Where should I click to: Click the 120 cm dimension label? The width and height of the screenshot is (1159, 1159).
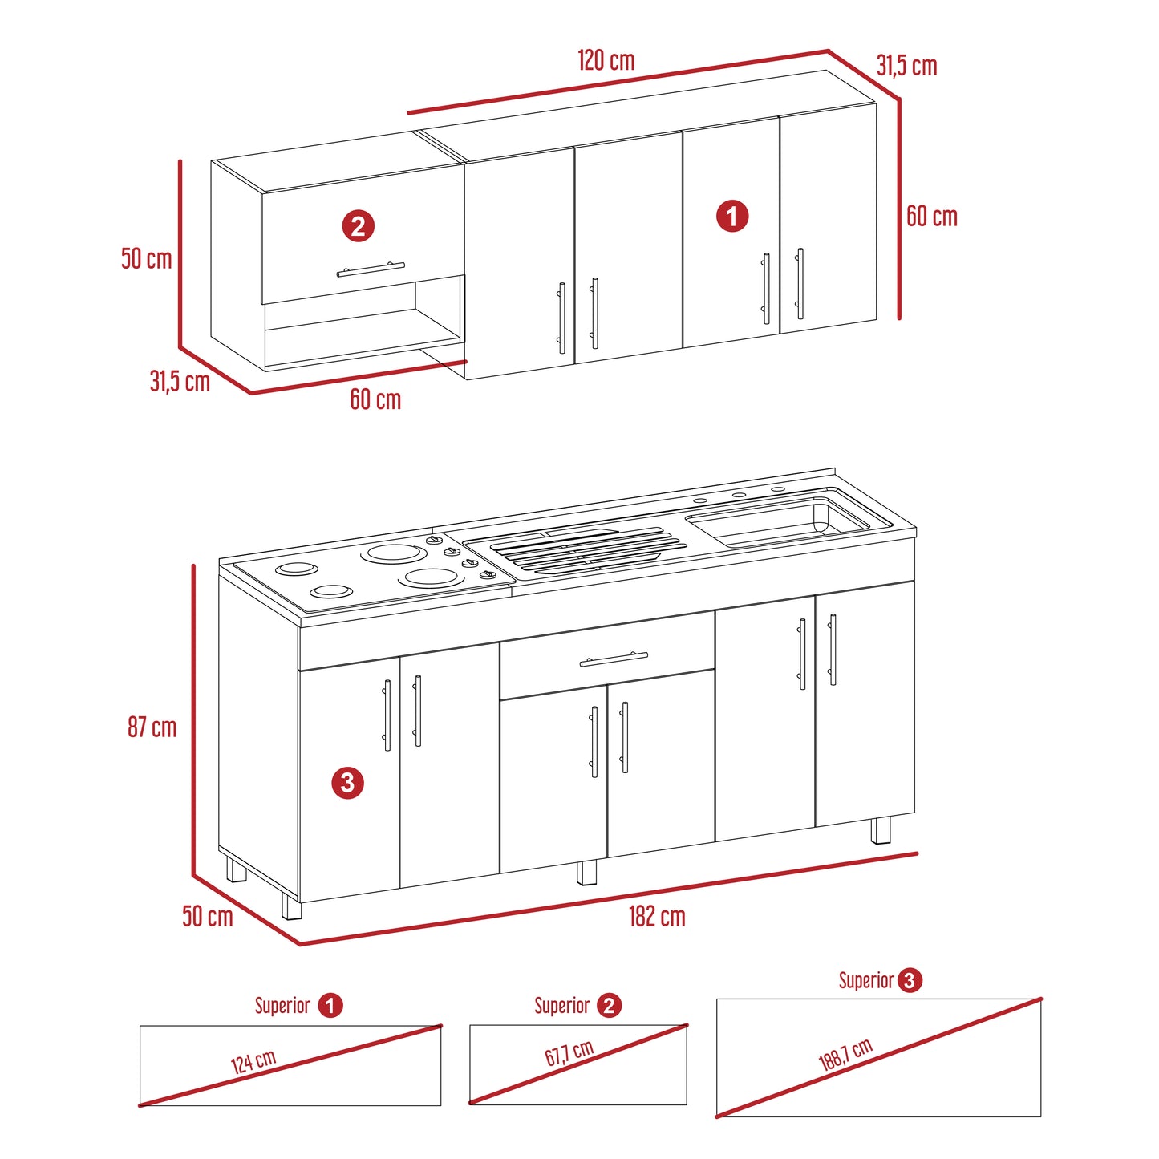606,61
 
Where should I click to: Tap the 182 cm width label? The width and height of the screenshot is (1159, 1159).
657,917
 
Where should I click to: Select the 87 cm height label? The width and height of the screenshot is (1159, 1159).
152,727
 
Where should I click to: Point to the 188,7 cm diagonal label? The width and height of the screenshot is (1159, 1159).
845,1054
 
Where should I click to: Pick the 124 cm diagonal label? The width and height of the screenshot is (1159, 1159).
253,1062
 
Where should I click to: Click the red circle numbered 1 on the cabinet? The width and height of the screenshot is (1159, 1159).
732,216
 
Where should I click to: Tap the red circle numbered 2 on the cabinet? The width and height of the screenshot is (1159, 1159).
358,226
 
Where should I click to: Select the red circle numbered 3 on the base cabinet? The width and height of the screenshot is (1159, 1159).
347,783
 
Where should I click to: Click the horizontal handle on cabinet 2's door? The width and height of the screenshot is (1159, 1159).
371,269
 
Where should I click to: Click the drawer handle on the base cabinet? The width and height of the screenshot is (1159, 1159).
614,659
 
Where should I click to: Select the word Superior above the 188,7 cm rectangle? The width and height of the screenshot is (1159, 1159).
866,980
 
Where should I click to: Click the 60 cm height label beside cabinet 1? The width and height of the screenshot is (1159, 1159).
932,217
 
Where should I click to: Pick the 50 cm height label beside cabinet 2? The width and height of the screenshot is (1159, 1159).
146,258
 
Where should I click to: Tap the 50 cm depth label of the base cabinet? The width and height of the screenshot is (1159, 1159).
208,917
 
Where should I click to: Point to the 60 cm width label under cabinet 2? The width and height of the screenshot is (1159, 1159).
375,399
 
